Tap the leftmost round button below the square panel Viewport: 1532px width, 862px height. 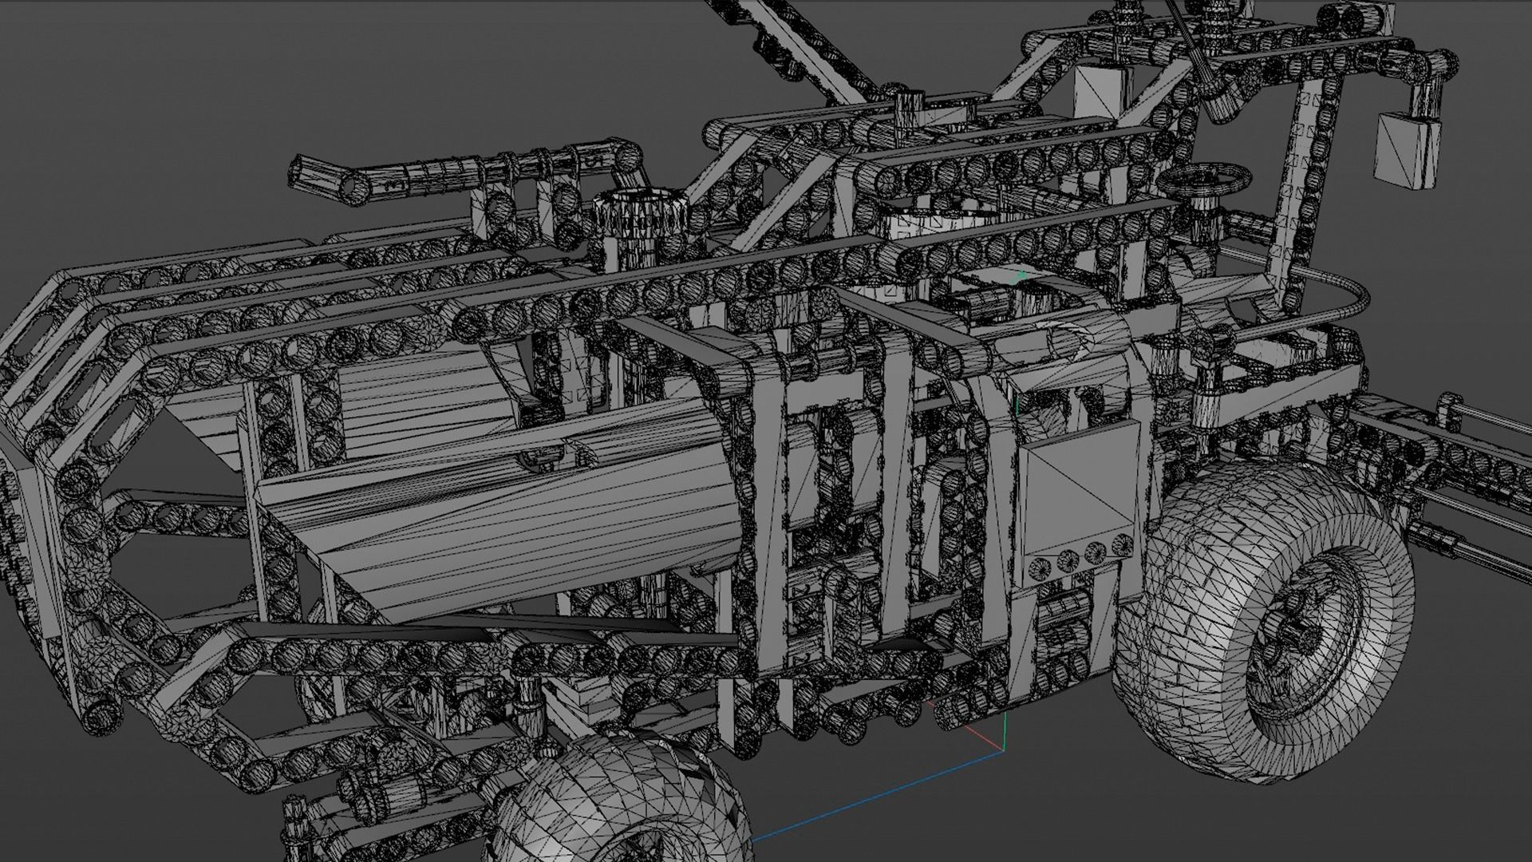pos(1039,567)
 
